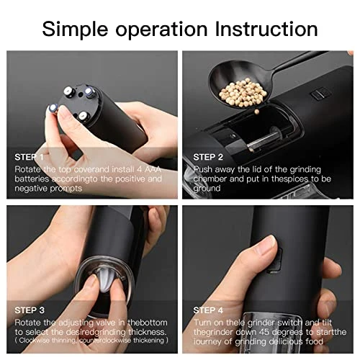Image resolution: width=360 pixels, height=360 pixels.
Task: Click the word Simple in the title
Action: coord(75,30)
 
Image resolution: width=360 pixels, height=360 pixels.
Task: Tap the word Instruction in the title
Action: coord(266,29)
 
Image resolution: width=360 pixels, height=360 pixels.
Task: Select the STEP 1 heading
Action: coord(29,157)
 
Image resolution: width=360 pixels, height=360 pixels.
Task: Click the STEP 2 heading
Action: coord(208,157)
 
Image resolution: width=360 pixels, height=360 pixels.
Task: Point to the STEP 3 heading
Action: coord(30,310)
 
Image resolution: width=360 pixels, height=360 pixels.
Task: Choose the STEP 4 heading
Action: coord(208,310)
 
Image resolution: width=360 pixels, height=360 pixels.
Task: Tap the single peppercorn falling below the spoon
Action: coord(257,112)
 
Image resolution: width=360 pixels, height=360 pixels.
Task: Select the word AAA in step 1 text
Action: coord(153,169)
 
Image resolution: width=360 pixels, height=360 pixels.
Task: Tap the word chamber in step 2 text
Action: coord(210,179)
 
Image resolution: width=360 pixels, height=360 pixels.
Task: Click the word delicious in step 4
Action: coord(286,341)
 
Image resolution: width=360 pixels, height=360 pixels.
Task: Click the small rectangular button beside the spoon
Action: coord(321,94)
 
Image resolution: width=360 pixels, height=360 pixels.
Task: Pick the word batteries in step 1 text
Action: coord(32,179)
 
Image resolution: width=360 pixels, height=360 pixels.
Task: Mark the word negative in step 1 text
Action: coord(31,189)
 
